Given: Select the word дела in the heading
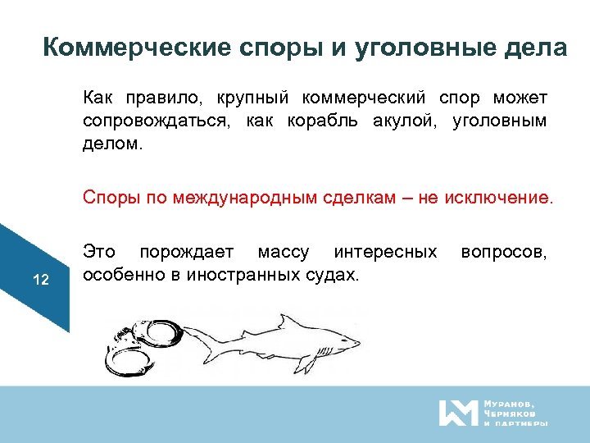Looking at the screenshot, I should click(x=537, y=47).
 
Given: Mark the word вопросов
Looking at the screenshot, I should click(x=504, y=251).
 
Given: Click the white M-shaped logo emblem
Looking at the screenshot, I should click(x=457, y=413).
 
